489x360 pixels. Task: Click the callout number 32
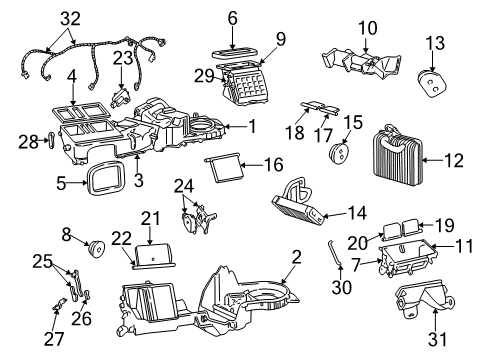[x=68, y=17]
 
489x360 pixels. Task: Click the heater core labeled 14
[x=299, y=205]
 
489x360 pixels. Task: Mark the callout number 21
[x=149, y=218]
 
